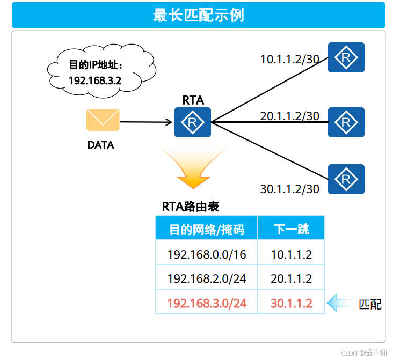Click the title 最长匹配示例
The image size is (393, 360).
pyautogui.click(x=198, y=15)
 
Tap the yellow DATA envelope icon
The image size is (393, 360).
pyautogui.click(x=103, y=120)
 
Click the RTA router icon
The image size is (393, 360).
pyautogui.click(x=193, y=122)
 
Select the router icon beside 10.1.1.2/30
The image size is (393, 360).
pyautogui.click(x=346, y=57)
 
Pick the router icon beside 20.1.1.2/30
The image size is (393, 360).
pyautogui.click(x=346, y=122)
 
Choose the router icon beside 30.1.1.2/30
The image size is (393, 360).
pyautogui.click(x=346, y=179)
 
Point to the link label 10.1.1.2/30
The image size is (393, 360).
pyautogui.click(x=290, y=59)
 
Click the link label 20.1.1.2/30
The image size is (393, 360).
pyautogui.click(x=290, y=116)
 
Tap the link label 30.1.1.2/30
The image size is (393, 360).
pyautogui.click(x=290, y=189)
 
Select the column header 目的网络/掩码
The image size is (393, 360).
pyautogui.click(x=207, y=230)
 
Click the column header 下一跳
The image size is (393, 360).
pyautogui.click(x=292, y=230)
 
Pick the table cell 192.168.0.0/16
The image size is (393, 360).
pyautogui.click(x=207, y=254)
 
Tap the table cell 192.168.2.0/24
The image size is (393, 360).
pyautogui.click(x=207, y=278)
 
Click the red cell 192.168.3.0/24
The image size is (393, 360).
pyautogui.click(x=207, y=303)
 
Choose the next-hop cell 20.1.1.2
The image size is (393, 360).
pyautogui.click(x=292, y=278)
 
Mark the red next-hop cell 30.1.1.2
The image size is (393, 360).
pyautogui.click(x=292, y=303)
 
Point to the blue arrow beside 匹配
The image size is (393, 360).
pyautogui.click(x=340, y=303)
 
